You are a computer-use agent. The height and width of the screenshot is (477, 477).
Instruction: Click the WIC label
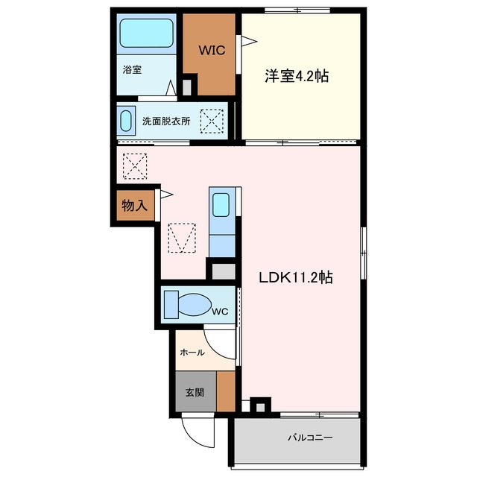click(x=212, y=50)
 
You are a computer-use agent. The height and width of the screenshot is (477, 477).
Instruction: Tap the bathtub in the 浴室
click(x=147, y=33)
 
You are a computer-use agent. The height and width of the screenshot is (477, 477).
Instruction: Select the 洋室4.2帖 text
click(x=297, y=76)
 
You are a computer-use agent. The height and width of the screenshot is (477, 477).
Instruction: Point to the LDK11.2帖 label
click(x=295, y=277)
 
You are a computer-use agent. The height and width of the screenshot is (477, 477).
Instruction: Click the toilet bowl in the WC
click(x=195, y=305)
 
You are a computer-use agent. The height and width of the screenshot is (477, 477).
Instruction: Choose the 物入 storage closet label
click(x=134, y=206)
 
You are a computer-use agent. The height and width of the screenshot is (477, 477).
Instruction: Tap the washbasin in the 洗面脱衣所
click(x=126, y=121)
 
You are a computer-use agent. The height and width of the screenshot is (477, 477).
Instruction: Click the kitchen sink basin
click(x=221, y=205)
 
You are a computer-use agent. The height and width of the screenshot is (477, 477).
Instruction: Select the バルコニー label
click(x=310, y=437)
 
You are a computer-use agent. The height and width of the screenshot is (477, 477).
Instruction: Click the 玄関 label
click(x=195, y=393)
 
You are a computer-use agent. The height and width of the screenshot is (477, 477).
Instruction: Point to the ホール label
click(x=192, y=353)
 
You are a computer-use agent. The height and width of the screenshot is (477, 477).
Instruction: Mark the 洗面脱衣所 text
click(x=166, y=121)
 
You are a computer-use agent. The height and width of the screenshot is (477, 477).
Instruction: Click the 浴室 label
click(x=132, y=69)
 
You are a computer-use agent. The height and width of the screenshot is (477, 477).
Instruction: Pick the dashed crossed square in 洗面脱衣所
click(x=212, y=121)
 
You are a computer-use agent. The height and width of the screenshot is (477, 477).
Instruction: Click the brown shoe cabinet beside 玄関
click(x=226, y=391)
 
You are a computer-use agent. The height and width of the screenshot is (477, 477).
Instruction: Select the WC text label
click(x=220, y=312)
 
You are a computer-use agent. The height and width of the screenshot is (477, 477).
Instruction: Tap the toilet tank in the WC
click(x=171, y=305)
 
